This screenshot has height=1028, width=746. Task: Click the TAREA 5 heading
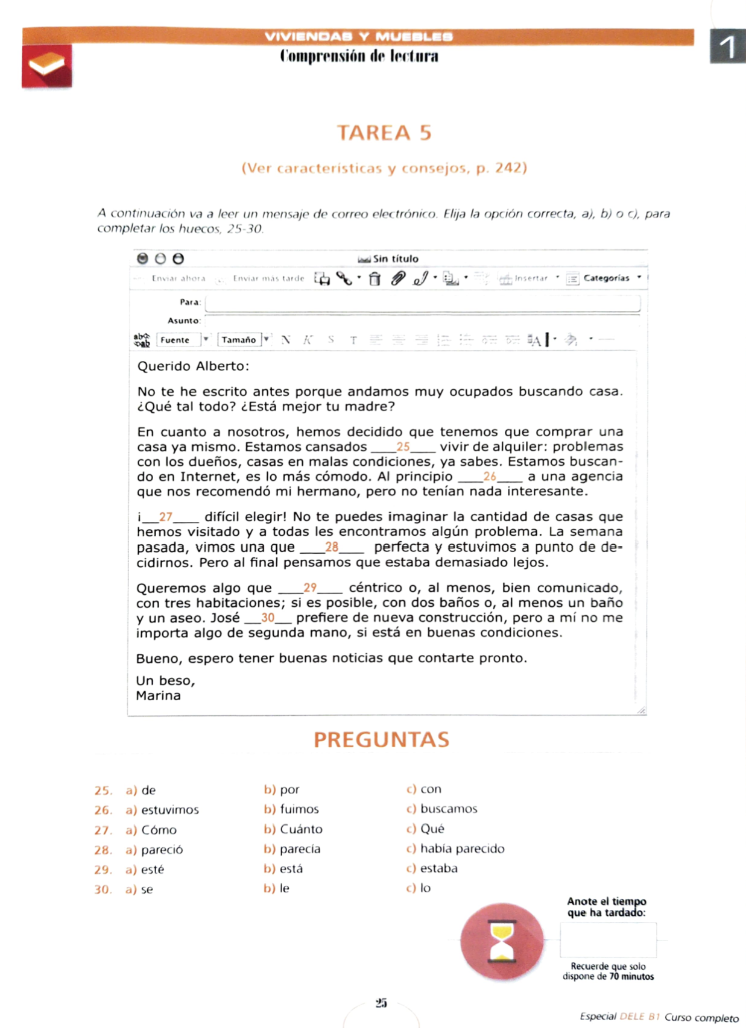coord(384,133)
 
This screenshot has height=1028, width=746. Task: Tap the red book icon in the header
coord(47,66)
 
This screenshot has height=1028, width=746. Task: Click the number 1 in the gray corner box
coord(728,46)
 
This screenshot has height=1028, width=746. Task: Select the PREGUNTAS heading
coord(381,739)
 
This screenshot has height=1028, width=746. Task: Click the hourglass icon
coord(501,941)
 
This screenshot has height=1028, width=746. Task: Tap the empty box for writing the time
coord(608,940)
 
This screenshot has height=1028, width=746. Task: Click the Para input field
coord(422,302)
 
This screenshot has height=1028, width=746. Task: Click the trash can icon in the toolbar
coord(375,278)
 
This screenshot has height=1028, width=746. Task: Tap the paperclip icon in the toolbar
coord(397,278)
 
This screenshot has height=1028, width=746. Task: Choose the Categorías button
coord(605,278)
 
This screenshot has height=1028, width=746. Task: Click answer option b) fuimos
coord(292,809)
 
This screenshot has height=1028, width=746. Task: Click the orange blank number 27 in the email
coord(166,516)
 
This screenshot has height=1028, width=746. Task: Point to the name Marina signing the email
coord(158,695)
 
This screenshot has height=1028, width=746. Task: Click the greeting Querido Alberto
coord(193,366)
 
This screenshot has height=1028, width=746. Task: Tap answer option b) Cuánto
coord(294,829)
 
